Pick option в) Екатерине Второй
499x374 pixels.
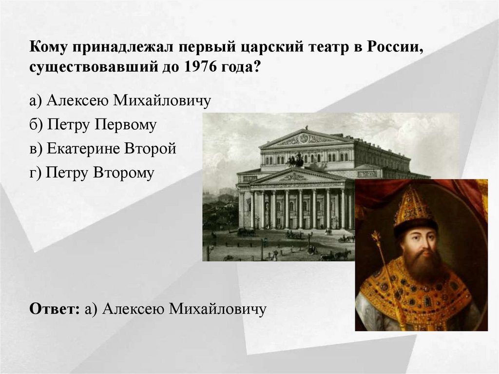[102, 149]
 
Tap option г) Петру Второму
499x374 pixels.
[92, 173]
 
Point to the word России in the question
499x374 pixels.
[394, 47]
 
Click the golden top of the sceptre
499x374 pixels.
[376, 238]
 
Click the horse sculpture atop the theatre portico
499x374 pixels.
[295, 159]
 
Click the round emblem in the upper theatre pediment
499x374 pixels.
[304, 138]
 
